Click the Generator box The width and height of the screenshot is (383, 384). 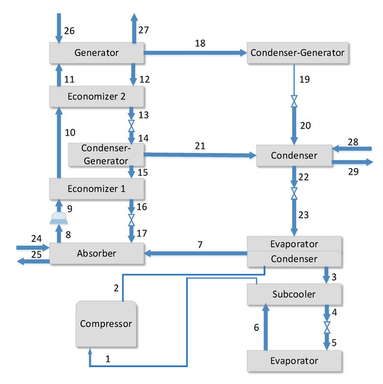click(x=96, y=52)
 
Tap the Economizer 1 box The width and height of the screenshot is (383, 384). click(x=96, y=189)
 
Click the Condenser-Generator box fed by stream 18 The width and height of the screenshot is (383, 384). click(x=296, y=52)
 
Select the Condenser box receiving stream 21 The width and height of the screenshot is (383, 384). click(x=292, y=155)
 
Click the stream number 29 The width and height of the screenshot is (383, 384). click(x=354, y=171)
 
